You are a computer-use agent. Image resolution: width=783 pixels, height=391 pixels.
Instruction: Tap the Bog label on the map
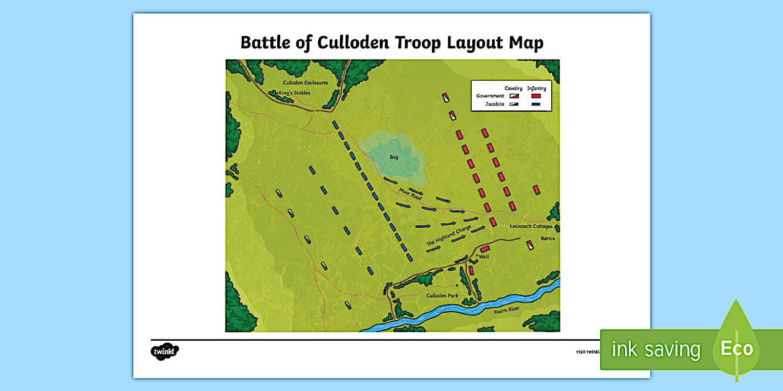[394, 158]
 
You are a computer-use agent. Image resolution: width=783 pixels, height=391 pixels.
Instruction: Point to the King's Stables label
[295, 93]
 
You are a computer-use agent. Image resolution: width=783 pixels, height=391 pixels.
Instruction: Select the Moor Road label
[411, 194]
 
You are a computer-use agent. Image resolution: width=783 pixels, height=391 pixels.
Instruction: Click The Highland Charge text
[449, 238]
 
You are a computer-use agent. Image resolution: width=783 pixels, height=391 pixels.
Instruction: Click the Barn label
[546, 238]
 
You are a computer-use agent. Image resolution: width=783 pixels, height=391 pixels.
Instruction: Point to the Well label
[483, 256]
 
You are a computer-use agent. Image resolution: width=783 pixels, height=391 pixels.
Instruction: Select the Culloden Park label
[442, 295]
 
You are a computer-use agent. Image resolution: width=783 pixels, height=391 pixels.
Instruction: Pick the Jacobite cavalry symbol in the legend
[513, 105]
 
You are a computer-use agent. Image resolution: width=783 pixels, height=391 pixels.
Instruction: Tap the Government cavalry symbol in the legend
[513, 96]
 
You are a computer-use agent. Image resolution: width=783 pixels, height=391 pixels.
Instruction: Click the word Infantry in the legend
[536, 88]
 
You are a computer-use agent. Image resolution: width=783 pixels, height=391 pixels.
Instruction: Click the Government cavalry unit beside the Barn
[531, 245]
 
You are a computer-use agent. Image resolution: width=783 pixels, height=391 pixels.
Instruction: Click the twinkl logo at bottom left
[165, 351]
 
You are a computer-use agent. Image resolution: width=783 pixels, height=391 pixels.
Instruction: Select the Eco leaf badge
[736, 348]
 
